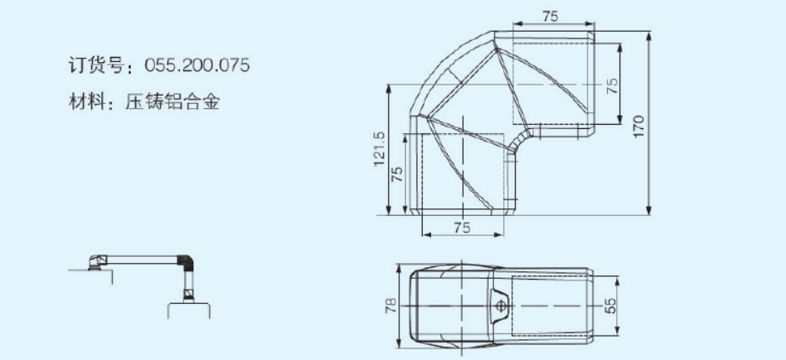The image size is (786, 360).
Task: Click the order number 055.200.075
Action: coord(197,65)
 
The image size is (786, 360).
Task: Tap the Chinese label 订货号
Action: coord(95,65)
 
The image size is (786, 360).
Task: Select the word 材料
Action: coord(86,102)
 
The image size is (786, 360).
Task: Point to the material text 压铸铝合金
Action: coord(172,102)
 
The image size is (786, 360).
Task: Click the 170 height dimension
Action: coord(638,127)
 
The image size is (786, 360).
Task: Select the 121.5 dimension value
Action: coord(379,149)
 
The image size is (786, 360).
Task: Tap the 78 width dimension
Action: coord(391,306)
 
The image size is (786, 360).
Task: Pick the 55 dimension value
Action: coord(610,306)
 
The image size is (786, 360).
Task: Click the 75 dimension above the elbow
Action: coord(550,16)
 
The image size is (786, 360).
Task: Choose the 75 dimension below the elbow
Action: coord(462,227)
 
